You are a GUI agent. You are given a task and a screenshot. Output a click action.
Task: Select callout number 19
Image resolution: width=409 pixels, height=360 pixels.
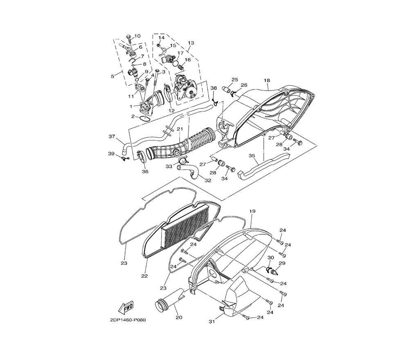point(252,211)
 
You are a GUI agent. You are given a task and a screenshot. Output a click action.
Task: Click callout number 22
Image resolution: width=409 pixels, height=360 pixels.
point(144,276)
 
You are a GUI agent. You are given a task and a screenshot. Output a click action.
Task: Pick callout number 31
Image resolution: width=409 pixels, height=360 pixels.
point(212,322)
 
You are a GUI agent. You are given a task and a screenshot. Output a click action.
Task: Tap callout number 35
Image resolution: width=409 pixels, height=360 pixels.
point(252,156)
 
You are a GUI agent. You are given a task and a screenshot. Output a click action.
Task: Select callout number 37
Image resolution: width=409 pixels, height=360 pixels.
point(112,136)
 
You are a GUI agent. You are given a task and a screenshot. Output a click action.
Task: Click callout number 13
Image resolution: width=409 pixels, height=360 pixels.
point(191,43)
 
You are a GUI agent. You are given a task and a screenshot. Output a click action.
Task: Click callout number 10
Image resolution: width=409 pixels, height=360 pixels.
point(137,36)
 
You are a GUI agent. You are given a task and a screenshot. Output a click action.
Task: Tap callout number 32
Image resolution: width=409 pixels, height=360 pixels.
point(208,180)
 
